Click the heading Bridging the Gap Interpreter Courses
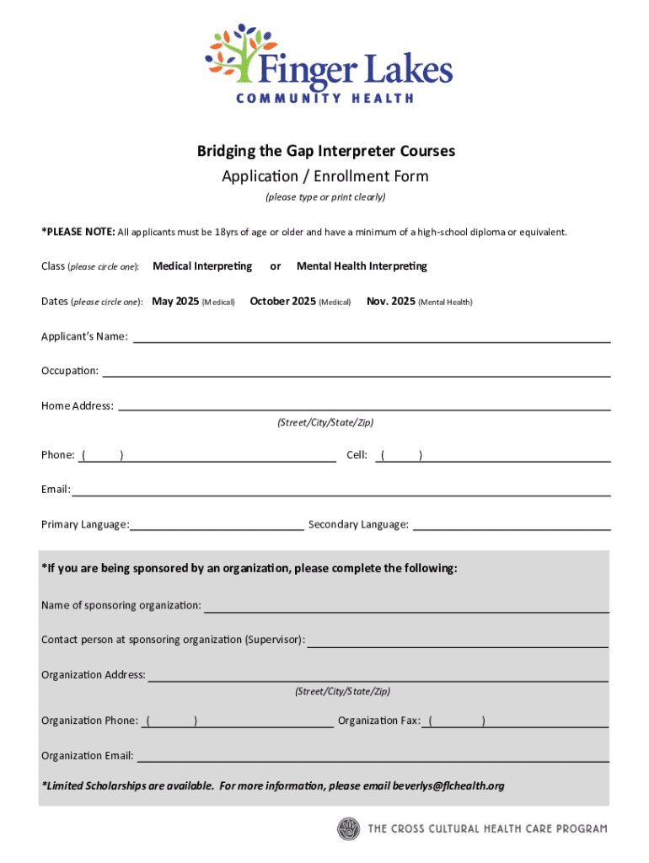point(326,151)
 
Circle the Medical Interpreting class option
point(202,266)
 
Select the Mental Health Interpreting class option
point(362,266)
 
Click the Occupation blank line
point(356,371)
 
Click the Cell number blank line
point(514,456)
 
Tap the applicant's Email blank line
point(341,490)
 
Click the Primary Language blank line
point(217,525)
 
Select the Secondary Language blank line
point(512,525)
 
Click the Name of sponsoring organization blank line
point(406,606)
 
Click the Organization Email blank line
point(372,756)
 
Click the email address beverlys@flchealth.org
point(448,786)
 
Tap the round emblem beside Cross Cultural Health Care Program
point(348,829)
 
